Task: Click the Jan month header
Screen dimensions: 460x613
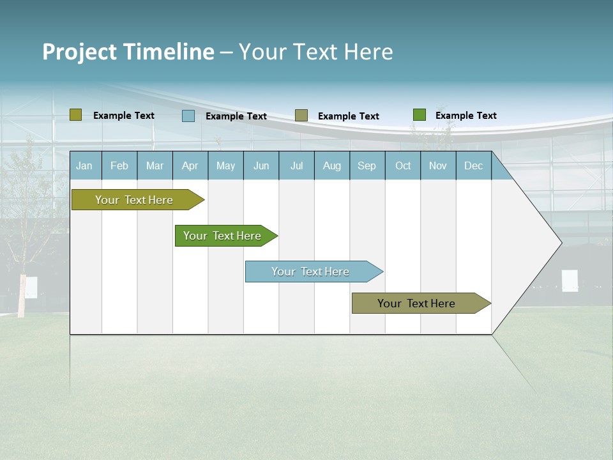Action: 85,165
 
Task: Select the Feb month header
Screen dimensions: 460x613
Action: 119,165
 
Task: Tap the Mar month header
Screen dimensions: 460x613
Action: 155,165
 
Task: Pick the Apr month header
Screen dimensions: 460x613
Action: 190,165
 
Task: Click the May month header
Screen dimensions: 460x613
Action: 225,165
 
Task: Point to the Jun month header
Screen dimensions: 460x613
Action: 261,165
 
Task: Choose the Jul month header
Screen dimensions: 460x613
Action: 296,165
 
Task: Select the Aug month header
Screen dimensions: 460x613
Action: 332,165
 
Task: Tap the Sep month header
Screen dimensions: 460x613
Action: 367,165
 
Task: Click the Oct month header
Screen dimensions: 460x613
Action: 403,165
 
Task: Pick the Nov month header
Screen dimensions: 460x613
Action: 438,165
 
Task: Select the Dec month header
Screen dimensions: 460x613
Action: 474,165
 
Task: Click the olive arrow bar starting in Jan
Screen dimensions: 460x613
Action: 135,200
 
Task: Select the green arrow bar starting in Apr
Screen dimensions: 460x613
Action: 223,236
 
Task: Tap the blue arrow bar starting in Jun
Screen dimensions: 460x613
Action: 311,272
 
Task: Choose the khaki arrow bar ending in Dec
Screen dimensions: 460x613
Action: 417,303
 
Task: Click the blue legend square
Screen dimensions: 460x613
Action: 188,116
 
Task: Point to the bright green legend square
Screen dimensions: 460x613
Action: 420,115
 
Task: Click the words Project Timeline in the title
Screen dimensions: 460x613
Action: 128,52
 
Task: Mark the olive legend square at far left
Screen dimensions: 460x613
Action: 76,115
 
